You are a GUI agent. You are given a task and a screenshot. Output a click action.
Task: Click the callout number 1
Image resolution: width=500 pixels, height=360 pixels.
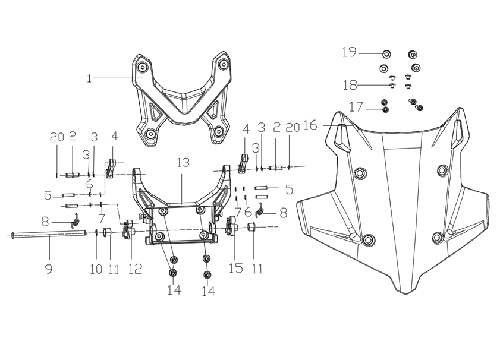(x=89, y=78)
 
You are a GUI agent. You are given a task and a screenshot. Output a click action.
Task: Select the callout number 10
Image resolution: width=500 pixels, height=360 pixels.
(x=96, y=269)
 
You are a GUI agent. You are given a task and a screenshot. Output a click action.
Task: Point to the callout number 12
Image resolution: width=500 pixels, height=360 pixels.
(x=134, y=269)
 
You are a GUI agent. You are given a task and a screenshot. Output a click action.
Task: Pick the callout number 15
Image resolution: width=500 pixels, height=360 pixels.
(x=236, y=269)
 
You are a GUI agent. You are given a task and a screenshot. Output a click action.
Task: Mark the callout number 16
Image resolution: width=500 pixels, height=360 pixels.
(x=310, y=125)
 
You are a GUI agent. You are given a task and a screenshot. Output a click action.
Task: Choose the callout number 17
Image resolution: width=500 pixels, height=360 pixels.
(x=356, y=107)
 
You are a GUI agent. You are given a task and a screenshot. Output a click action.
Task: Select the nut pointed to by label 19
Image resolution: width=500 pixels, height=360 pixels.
(x=386, y=54)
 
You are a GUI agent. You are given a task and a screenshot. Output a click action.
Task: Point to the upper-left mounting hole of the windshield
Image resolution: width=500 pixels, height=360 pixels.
(x=359, y=173)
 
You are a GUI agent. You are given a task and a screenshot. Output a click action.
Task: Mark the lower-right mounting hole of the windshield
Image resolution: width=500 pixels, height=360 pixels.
(x=437, y=238)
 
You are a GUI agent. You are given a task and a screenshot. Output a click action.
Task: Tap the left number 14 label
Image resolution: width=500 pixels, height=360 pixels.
(x=174, y=290)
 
